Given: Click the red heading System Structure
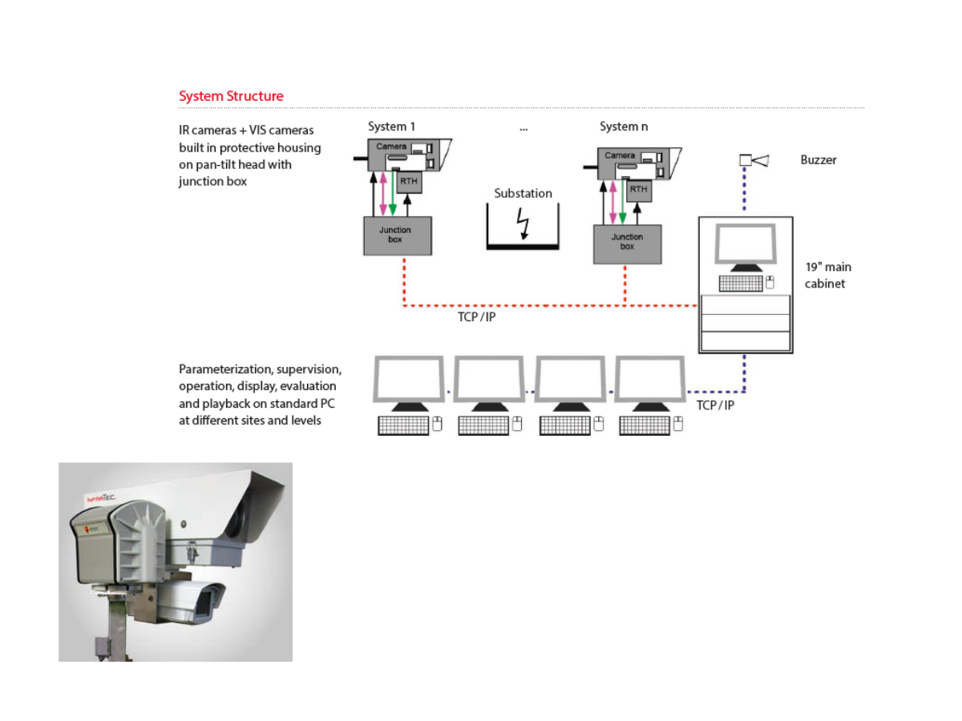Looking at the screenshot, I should tap(231, 96).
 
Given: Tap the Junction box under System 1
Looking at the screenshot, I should tap(397, 236).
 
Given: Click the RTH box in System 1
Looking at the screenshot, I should tap(408, 181).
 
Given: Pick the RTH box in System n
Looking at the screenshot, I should tap(638, 189).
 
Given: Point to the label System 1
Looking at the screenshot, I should tap(391, 127).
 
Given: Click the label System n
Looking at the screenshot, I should tap(624, 127).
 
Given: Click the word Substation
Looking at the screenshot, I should tap(523, 193).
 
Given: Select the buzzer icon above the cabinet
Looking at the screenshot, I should tap(753, 161).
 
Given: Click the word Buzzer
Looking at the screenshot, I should tap(818, 160).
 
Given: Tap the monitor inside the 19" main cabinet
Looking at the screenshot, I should tap(745, 244).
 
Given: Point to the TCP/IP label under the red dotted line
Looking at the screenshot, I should tap(475, 317).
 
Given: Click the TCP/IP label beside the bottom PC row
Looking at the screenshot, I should tap(715, 405).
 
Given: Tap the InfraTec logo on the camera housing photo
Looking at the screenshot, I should tap(102, 498).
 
